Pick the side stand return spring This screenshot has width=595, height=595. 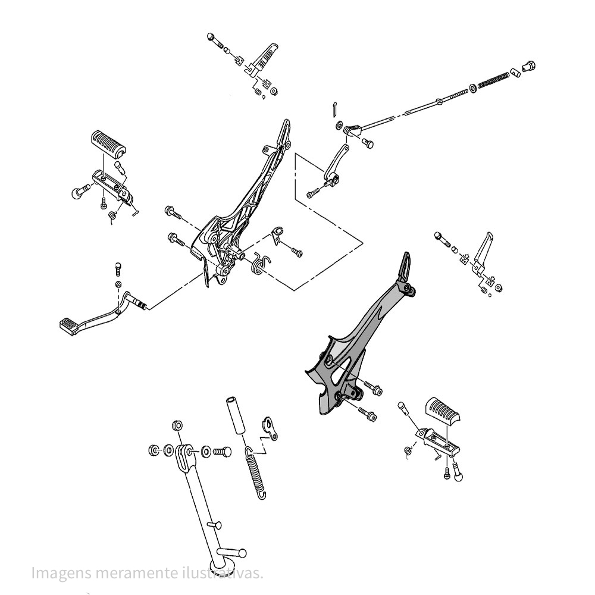pos(256,469)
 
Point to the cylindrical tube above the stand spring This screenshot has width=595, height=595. pos(234,417)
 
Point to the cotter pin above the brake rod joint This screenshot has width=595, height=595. pos(335,110)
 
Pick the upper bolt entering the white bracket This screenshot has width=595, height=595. pos(173,211)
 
